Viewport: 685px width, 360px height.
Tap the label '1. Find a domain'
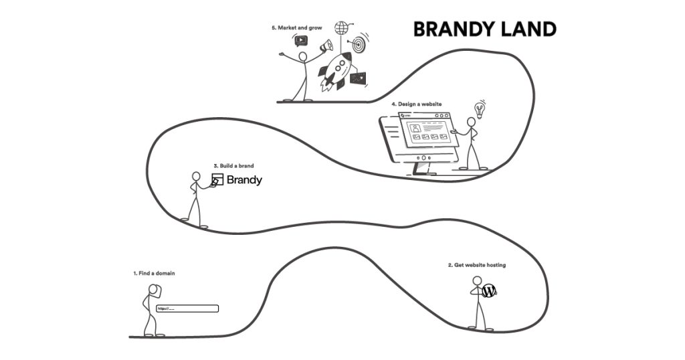click(154, 273)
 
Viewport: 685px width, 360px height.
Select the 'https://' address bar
click(187, 308)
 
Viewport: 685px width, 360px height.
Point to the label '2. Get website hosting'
click(476, 265)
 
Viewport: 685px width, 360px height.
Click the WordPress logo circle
click(490, 291)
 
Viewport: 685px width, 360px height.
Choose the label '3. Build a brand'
click(233, 165)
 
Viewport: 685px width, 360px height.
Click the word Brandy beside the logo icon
click(244, 180)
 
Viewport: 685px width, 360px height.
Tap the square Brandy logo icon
click(217, 179)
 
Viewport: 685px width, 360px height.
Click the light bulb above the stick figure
click(478, 108)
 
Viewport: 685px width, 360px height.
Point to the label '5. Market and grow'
click(296, 28)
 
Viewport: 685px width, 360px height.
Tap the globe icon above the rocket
click(342, 28)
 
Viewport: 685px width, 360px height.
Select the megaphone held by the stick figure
click(326, 46)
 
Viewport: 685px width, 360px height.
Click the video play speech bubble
click(301, 39)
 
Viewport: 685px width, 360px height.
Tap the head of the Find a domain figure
click(153, 290)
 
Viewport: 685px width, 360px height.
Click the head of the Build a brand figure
click(196, 177)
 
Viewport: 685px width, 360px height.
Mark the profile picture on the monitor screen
click(415, 128)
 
